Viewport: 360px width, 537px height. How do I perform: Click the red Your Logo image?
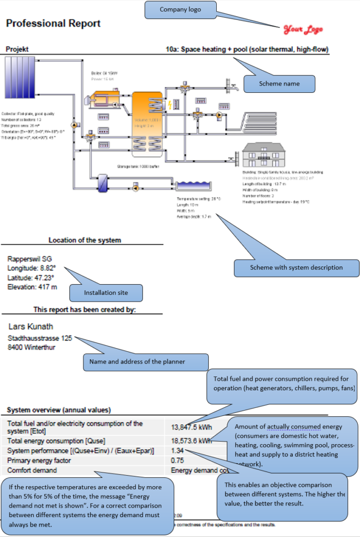[x=303, y=30]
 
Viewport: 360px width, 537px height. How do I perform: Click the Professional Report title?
[x=53, y=24]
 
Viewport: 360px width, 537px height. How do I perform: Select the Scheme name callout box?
[x=279, y=83]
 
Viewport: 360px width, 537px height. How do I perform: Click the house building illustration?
[x=262, y=155]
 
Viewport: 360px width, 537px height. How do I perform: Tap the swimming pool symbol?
[x=193, y=186]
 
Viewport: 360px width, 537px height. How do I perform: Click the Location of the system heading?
[x=84, y=240]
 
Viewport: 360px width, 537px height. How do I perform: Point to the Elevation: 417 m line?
[x=32, y=287]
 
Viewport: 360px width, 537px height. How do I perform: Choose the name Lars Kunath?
[x=31, y=327]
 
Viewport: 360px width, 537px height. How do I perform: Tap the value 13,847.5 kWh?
[x=191, y=427]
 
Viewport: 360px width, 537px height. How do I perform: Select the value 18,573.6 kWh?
[x=191, y=441]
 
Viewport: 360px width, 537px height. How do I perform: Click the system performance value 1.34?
[x=178, y=450]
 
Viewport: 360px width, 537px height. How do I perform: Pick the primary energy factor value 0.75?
[x=178, y=460]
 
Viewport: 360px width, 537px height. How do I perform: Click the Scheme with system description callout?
[x=296, y=267]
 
